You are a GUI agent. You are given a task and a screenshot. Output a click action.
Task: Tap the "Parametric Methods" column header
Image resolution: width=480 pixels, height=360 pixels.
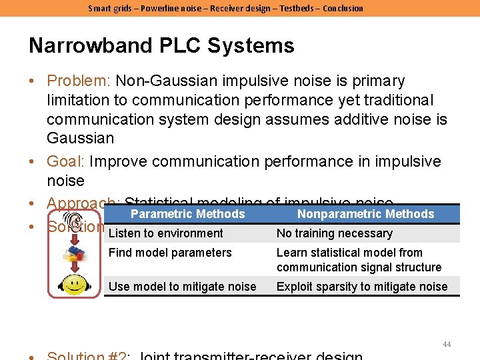click(x=187, y=214)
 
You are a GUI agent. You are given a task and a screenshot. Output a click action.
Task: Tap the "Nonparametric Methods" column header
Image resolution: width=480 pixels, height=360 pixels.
click(x=365, y=214)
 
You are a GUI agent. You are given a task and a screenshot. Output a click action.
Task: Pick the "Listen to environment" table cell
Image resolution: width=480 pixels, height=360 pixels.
click(x=165, y=233)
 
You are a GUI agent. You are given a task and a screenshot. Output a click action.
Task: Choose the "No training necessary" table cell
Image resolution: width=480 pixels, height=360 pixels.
click(x=334, y=233)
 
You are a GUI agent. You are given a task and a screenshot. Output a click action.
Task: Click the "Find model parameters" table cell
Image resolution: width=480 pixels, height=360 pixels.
click(x=170, y=253)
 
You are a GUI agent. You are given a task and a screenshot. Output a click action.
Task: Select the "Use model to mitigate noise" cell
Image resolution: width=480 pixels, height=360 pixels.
click(x=182, y=287)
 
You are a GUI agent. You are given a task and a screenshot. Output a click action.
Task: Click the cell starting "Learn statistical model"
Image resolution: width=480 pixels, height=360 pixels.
click(x=359, y=260)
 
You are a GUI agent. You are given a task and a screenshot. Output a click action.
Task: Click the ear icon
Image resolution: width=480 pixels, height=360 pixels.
click(x=73, y=223)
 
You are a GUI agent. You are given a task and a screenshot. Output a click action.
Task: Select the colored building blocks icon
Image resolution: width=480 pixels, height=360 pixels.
click(x=74, y=254)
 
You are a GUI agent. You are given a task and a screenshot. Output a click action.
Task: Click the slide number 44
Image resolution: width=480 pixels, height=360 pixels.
click(x=447, y=344)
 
